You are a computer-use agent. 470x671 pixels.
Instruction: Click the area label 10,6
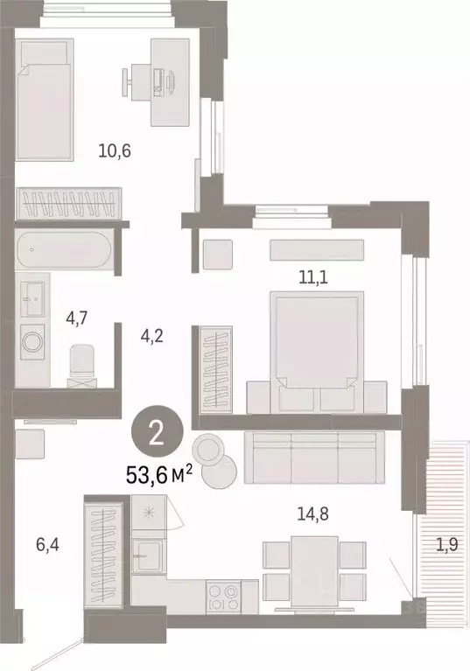pos(115,150)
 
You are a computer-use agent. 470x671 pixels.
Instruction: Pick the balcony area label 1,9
pos(446,544)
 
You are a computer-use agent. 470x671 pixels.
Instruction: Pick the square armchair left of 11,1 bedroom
pos(216,254)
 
